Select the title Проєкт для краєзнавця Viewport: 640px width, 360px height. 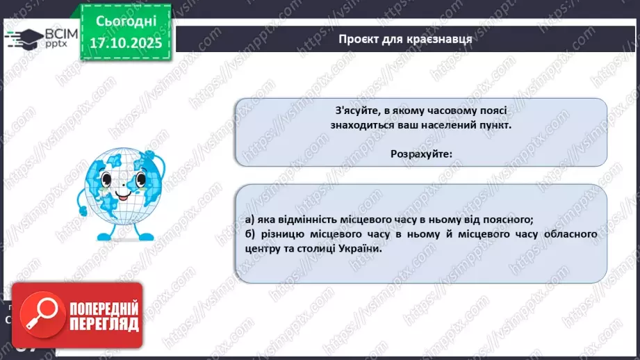click(x=406, y=39)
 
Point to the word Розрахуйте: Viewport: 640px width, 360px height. click(x=421, y=154)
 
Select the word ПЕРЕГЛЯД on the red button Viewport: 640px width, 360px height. click(x=104, y=324)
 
